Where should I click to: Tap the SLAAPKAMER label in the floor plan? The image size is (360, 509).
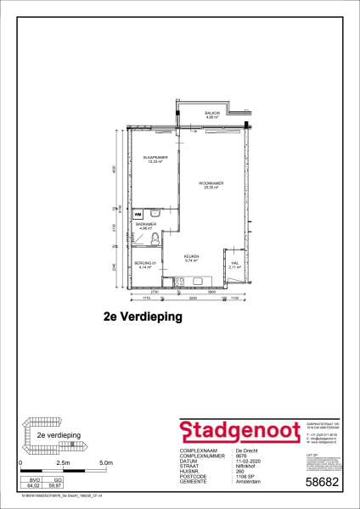(x=155, y=159)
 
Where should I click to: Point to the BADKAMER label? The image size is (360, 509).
(x=144, y=225)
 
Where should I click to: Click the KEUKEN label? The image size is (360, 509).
(x=192, y=257)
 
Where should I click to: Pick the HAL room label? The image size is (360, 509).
(x=234, y=265)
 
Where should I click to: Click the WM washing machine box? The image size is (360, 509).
(x=138, y=215)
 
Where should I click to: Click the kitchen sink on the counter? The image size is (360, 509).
(x=200, y=281)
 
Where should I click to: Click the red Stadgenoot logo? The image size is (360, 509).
(x=235, y=431)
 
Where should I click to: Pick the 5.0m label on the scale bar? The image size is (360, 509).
(x=105, y=463)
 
